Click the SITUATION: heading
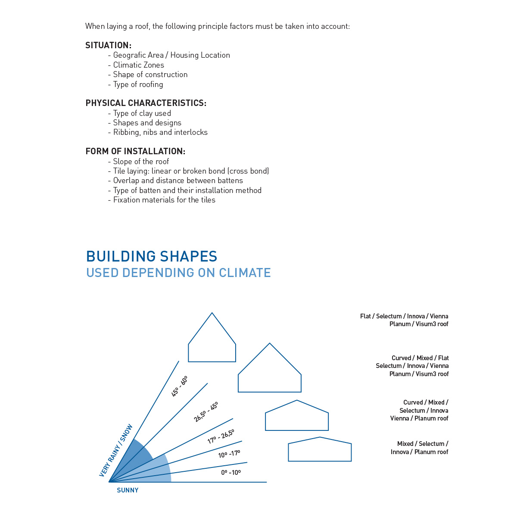[x=108, y=45]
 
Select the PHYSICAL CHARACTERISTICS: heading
[x=146, y=103]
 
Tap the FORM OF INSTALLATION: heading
[x=135, y=151]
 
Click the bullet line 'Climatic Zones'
[x=138, y=65]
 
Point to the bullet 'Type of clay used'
[x=142, y=113]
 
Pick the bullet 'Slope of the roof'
[x=141, y=162]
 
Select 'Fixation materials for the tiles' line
[x=164, y=200]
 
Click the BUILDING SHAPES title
[x=152, y=256]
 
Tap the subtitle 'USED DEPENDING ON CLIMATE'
[x=178, y=273]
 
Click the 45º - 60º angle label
[x=179, y=386]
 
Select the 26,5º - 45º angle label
[x=206, y=412]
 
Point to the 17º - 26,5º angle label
[x=221, y=436]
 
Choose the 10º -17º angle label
[x=229, y=454]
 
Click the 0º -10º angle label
[x=231, y=473]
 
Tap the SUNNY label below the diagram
[x=128, y=490]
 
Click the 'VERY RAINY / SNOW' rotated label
[x=116, y=451]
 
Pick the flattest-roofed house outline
[x=320, y=450]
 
